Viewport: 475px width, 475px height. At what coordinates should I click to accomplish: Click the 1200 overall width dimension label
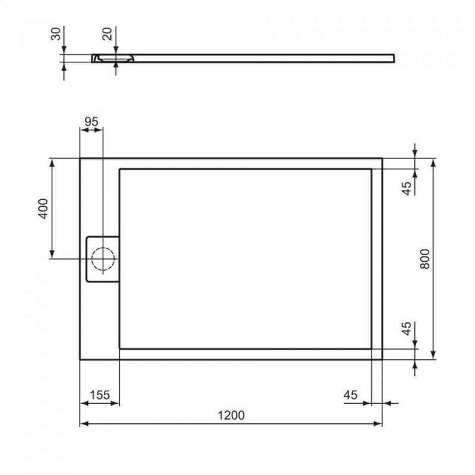point(231,415)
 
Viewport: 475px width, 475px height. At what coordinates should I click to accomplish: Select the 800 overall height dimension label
point(425,259)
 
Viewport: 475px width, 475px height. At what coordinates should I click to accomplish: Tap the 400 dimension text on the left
point(42,208)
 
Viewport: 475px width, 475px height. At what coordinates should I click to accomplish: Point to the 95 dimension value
point(91,121)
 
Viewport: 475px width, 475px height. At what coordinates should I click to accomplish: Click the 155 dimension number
point(100,395)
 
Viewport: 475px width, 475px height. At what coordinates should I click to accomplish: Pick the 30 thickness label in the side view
point(56,34)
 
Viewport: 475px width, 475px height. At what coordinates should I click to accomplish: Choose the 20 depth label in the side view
point(107,34)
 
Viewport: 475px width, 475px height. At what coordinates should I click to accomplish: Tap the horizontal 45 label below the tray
point(350,395)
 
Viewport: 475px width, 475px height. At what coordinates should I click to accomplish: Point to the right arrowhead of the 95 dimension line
point(100,130)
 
